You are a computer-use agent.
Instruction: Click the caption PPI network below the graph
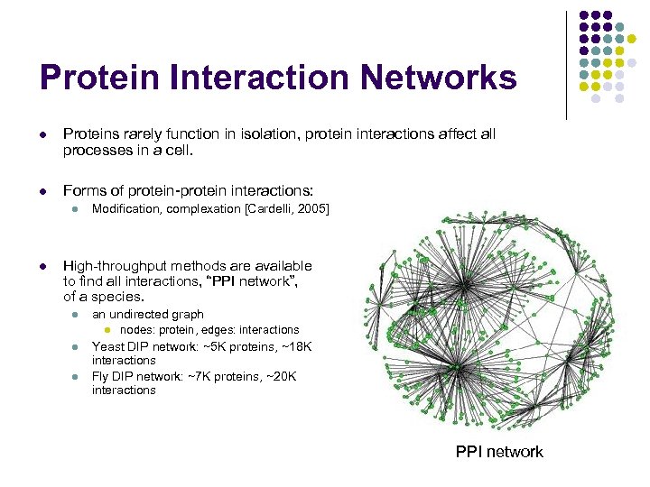point(499,451)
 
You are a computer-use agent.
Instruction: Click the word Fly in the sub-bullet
point(101,375)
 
